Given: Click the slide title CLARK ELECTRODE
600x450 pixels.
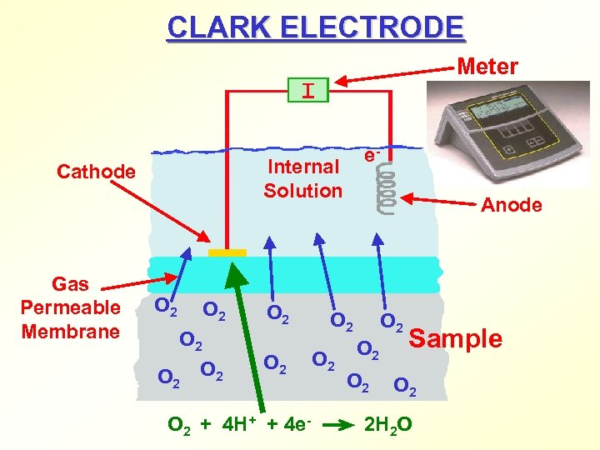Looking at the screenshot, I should [316, 27].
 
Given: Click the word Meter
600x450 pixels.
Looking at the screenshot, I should [487, 66].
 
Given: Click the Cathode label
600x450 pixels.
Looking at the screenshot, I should [96, 172].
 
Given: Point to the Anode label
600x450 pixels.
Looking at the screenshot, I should [512, 205].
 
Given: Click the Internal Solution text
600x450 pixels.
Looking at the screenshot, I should [303, 178].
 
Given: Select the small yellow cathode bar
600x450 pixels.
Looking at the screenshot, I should [227, 252].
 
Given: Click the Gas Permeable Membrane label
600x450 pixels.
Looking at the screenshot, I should [71, 307].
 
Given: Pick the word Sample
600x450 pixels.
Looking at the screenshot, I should [456, 338].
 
